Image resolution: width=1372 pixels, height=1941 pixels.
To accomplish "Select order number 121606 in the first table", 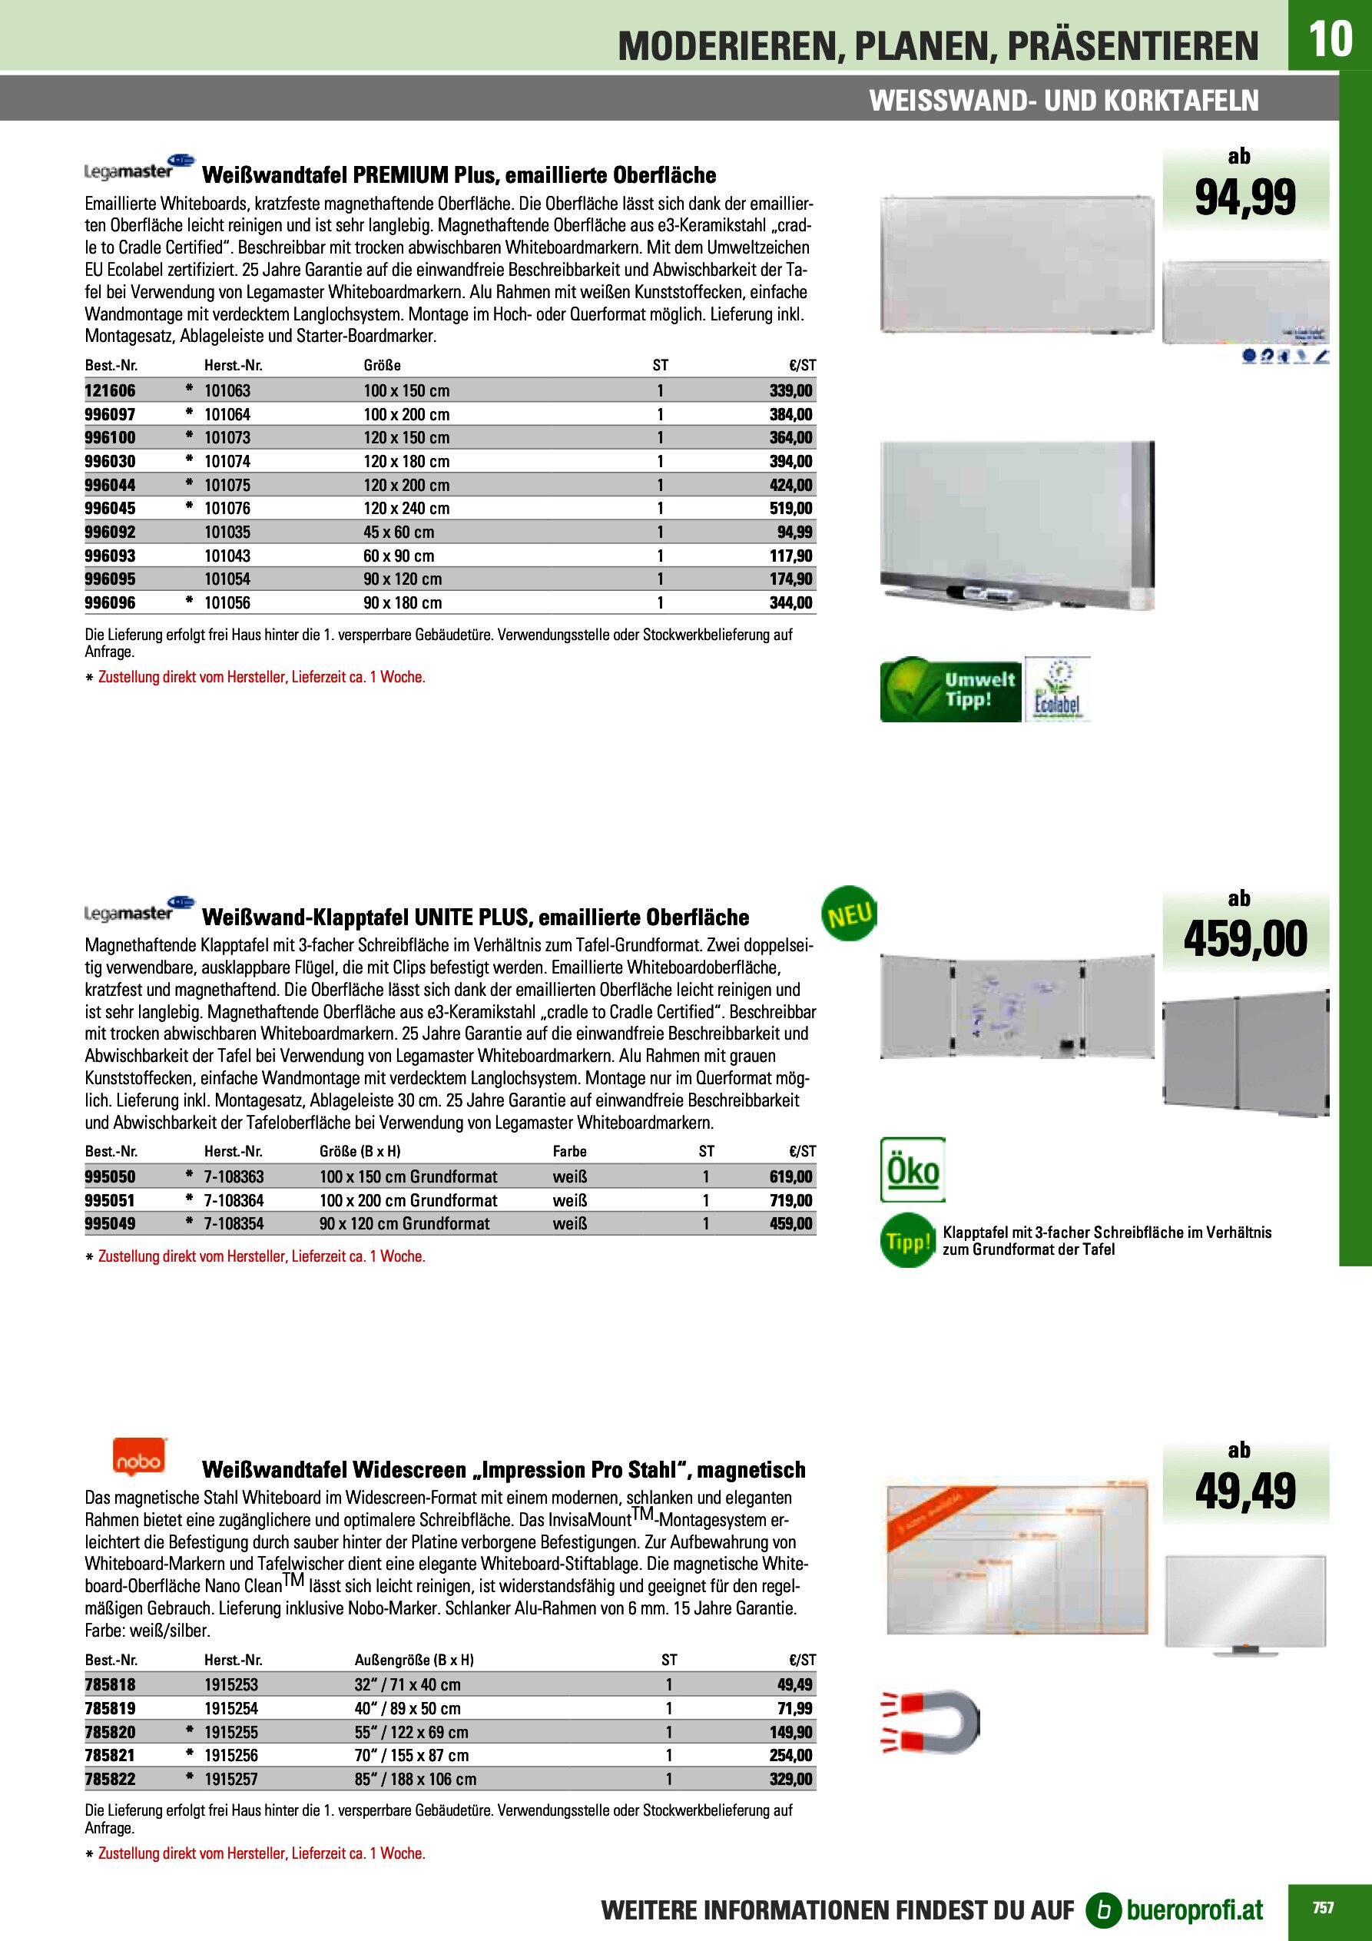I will pyautogui.click(x=110, y=390).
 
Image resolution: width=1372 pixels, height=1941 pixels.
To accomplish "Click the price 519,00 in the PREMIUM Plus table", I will pyautogui.click(x=791, y=508).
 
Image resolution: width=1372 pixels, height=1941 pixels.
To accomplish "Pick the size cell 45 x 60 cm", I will pyautogui.click(x=398, y=532).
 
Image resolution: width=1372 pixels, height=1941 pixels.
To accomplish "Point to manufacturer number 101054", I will pyautogui.click(x=227, y=579).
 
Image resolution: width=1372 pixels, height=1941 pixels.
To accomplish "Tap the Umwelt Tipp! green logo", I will pyautogui.click(x=950, y=690).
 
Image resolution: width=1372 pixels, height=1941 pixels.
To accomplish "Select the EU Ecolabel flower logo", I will pyautogui.click(x=1057, y=690).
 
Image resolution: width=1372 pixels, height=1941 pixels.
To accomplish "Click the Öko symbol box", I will pyautogui.click(x=912, y=1170).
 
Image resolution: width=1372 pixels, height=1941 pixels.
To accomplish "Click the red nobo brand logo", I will pyautogui.click(x=140, y=1458).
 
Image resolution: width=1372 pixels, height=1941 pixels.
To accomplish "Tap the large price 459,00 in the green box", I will pyautogui.click(x=1244, y=939).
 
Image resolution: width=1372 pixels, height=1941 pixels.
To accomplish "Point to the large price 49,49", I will pyautogui.click(x=1244, y=1491).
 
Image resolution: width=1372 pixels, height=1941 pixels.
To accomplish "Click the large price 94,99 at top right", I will pyautogui.click(x=1244, y=197).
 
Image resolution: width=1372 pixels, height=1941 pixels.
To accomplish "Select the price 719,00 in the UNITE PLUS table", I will pyautogui.click(x=791, y=1199).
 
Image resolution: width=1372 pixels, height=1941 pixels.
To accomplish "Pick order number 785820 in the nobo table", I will pyautogui.click(x=110, y=1732).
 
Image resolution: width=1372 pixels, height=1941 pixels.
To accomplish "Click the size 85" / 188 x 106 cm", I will pyautogui.click(x=415, y=1780).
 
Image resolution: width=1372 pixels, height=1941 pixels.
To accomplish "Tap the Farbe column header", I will pyautogui.click(x=569, y=1151).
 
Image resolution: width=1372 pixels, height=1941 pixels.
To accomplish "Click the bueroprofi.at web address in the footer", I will pyautogui.click(x=1194, y=1909).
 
